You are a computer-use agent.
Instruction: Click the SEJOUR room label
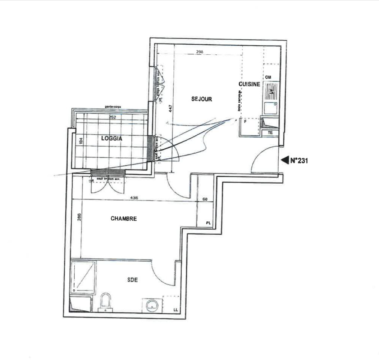pos(201,99)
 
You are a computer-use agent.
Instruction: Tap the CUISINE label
pos(249,84)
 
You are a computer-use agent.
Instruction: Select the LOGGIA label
pos(112,138)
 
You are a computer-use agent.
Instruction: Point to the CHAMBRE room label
pos(124,219)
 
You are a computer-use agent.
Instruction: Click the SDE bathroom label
pos(133,279)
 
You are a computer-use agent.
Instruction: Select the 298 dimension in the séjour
pos(200,52)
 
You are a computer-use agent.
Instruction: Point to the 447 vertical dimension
pos(170,109)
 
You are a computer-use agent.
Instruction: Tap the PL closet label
pos(208,223)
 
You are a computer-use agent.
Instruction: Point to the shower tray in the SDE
pos(83,276)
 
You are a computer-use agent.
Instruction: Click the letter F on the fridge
pos(245,121)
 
